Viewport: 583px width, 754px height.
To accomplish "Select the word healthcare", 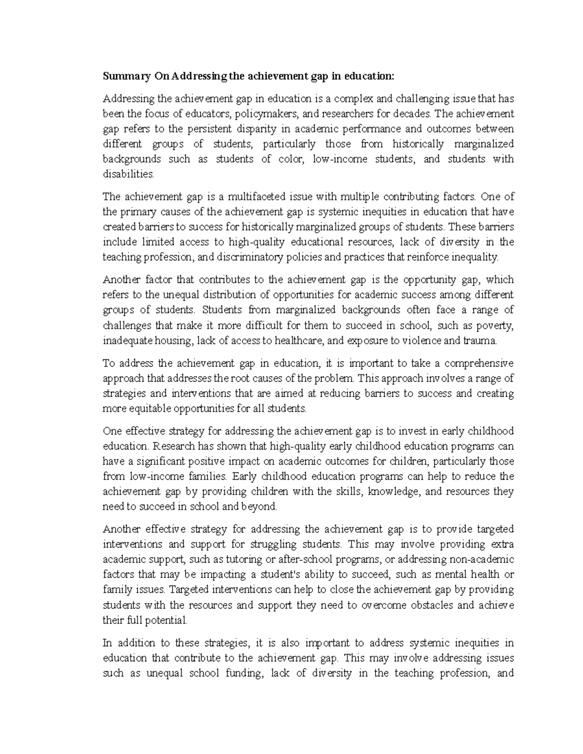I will click(x=300, y=340).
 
